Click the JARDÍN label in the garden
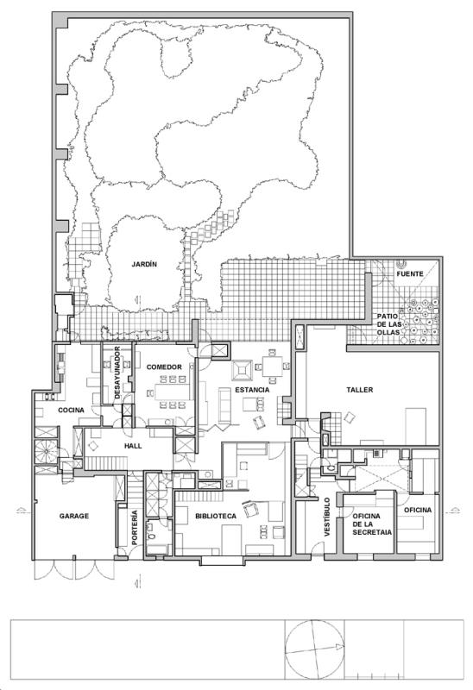[144, 265]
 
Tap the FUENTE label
[410, 273]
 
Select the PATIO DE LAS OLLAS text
[388, 324]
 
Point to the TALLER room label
[359, 390]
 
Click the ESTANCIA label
[252, 390]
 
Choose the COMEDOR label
[164, 367]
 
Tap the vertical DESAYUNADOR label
[117, 373]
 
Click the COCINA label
[72, 411]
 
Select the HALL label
[133, 446]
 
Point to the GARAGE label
[74, 516]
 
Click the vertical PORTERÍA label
[135, 528]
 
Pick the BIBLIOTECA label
[216, 516]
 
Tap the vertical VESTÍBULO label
[327, 517]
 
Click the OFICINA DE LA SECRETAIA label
[372, 524]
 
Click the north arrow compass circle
[314, 649]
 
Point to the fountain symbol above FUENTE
[401, 264]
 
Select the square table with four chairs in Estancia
[272, 366]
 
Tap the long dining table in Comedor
[172, 392]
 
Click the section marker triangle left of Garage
[21, 510]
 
